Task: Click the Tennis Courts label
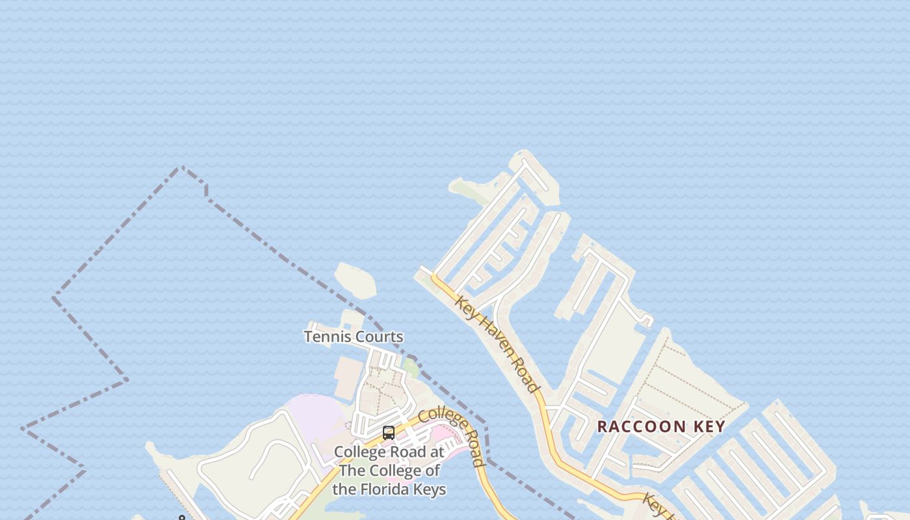(354, 337)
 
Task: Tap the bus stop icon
(389, 433)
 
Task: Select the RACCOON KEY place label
(661, 426)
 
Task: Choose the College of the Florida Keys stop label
(389, 470)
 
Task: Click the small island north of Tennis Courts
(356, 280)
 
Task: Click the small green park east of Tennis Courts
(410, 367)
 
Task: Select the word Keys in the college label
(428, 489)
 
